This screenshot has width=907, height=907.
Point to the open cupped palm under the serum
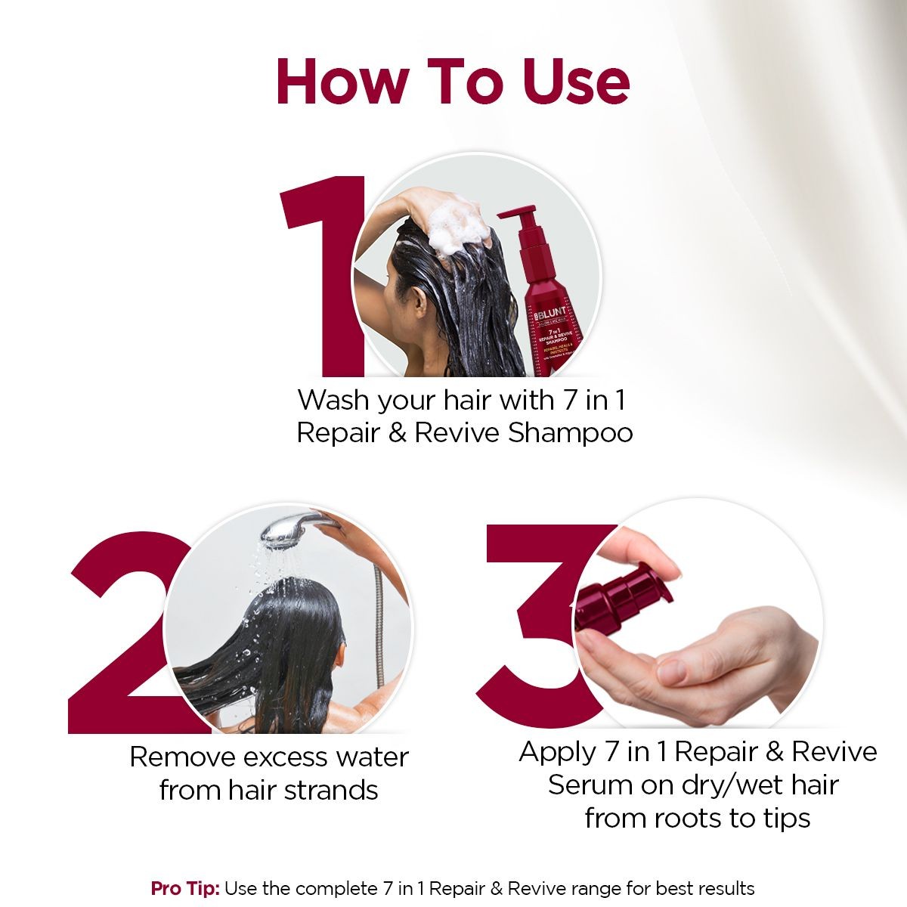coord(726,665)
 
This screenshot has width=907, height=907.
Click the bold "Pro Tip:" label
coord(185,888)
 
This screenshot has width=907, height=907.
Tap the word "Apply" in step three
coord(558,752)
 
